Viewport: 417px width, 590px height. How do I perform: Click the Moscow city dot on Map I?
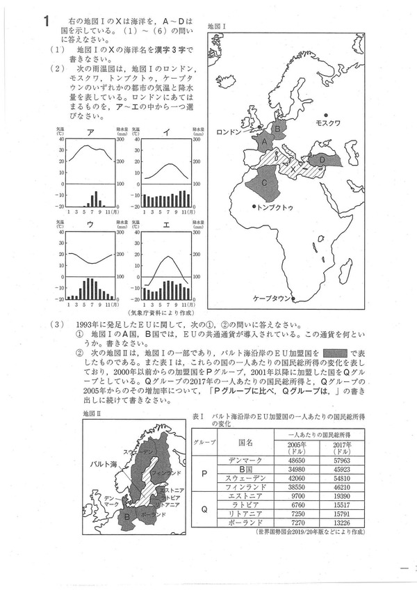point(325,114)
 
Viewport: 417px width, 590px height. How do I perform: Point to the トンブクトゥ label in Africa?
point(275,207)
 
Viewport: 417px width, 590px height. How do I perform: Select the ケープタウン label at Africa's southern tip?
point(272,298)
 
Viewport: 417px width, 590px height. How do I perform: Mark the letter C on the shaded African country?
point(265,182)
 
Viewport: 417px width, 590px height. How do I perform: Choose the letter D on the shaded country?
point(323,159)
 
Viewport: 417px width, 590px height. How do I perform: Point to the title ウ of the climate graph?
point(90,225)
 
